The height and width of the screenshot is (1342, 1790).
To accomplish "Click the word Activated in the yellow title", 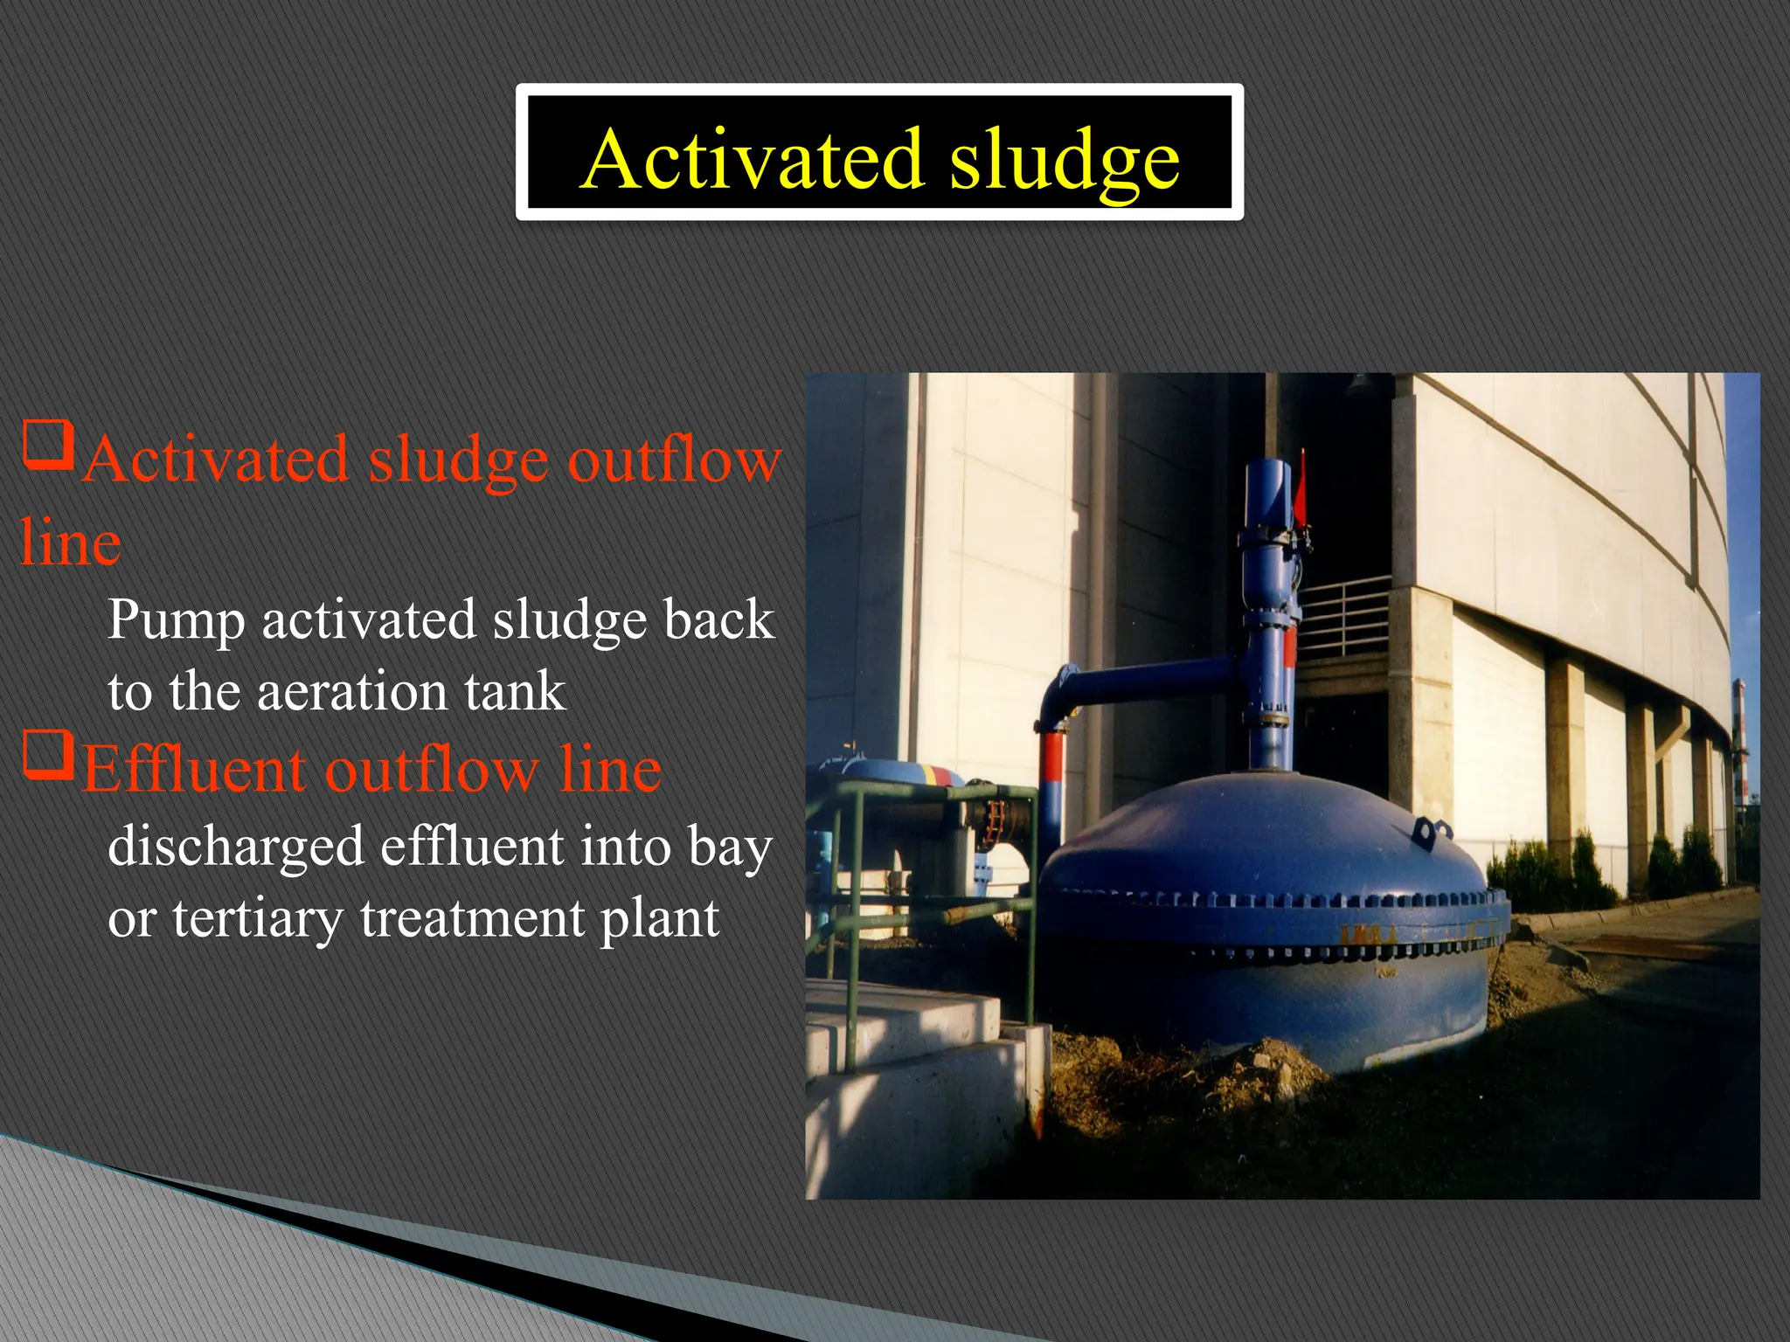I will tap(752, 159).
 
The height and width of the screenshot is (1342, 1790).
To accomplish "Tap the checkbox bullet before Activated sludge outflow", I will tap(47, 445).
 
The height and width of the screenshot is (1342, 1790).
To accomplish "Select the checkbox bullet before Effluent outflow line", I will tap(47, 755).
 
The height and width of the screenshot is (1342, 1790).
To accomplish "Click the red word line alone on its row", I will tap(70, 543).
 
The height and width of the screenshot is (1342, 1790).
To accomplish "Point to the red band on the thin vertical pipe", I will tap(1052, 757).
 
